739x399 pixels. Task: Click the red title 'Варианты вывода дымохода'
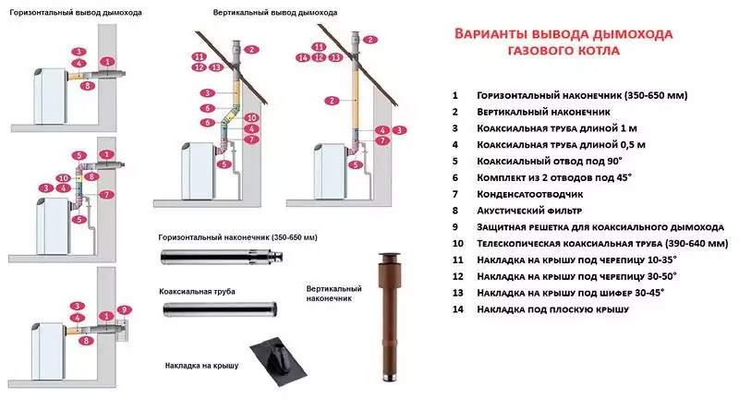(563, 34)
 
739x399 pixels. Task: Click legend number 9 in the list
(454, 225)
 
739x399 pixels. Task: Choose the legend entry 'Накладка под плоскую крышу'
(552, 308)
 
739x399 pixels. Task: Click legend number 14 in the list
(454, 308)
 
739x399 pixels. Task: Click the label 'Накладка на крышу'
(197, 366)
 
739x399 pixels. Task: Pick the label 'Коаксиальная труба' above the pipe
(197, 292)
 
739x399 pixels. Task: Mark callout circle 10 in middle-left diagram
(63, 177)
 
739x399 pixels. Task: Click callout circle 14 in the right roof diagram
(302, 57)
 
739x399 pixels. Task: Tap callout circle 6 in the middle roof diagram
(209, 122)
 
